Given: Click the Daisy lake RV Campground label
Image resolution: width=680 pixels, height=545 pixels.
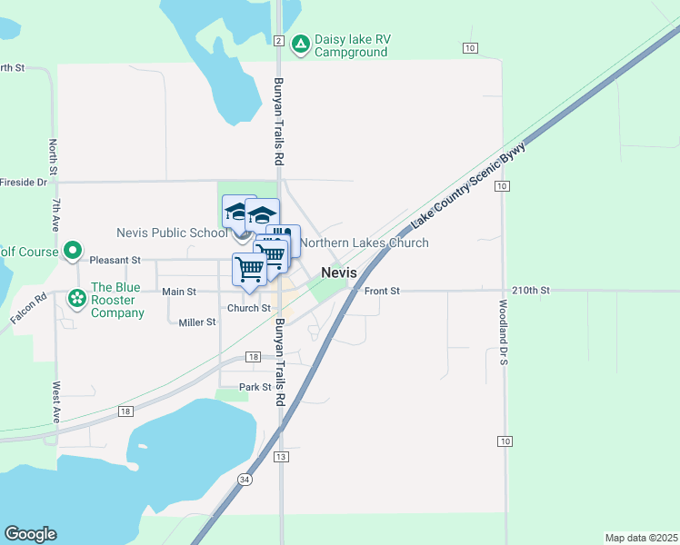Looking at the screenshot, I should click(351, 45).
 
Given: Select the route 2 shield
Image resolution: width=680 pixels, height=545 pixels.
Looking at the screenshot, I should click(278, 41).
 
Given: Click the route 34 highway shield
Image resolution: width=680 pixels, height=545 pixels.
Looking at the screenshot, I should click(245, 480).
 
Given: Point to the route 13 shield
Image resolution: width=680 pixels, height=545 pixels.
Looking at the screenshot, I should click(282, 456).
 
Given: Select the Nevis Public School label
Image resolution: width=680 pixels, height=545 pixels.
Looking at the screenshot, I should click(172, 233).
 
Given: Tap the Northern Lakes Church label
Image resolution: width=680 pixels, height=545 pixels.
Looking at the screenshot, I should click(365, 243).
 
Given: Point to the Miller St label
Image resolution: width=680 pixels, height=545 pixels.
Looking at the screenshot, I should click(196, 322).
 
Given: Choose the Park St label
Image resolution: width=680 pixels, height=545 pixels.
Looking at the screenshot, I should click(255, 387).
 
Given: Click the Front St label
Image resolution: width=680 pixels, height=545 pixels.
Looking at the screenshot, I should click(382, 292).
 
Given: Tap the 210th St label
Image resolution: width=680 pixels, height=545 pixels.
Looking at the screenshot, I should click(532, 291).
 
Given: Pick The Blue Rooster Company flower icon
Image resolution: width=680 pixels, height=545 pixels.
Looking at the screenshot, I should click(76, 296).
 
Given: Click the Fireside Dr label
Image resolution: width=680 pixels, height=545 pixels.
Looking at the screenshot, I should click(23, 182).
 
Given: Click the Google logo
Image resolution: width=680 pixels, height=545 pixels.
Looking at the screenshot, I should click(30, 534).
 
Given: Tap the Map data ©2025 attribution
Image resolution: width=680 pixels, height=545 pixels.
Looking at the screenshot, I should click(642, 537).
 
